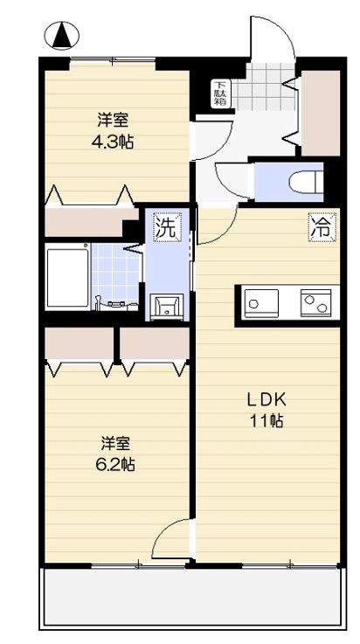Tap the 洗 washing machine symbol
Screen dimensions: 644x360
(165, 228)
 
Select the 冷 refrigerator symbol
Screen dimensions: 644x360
(321, 228)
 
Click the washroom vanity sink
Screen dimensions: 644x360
(167, 306)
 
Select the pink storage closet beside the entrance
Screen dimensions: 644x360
(321, 112)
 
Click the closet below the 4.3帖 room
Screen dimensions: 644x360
(84, 222)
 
